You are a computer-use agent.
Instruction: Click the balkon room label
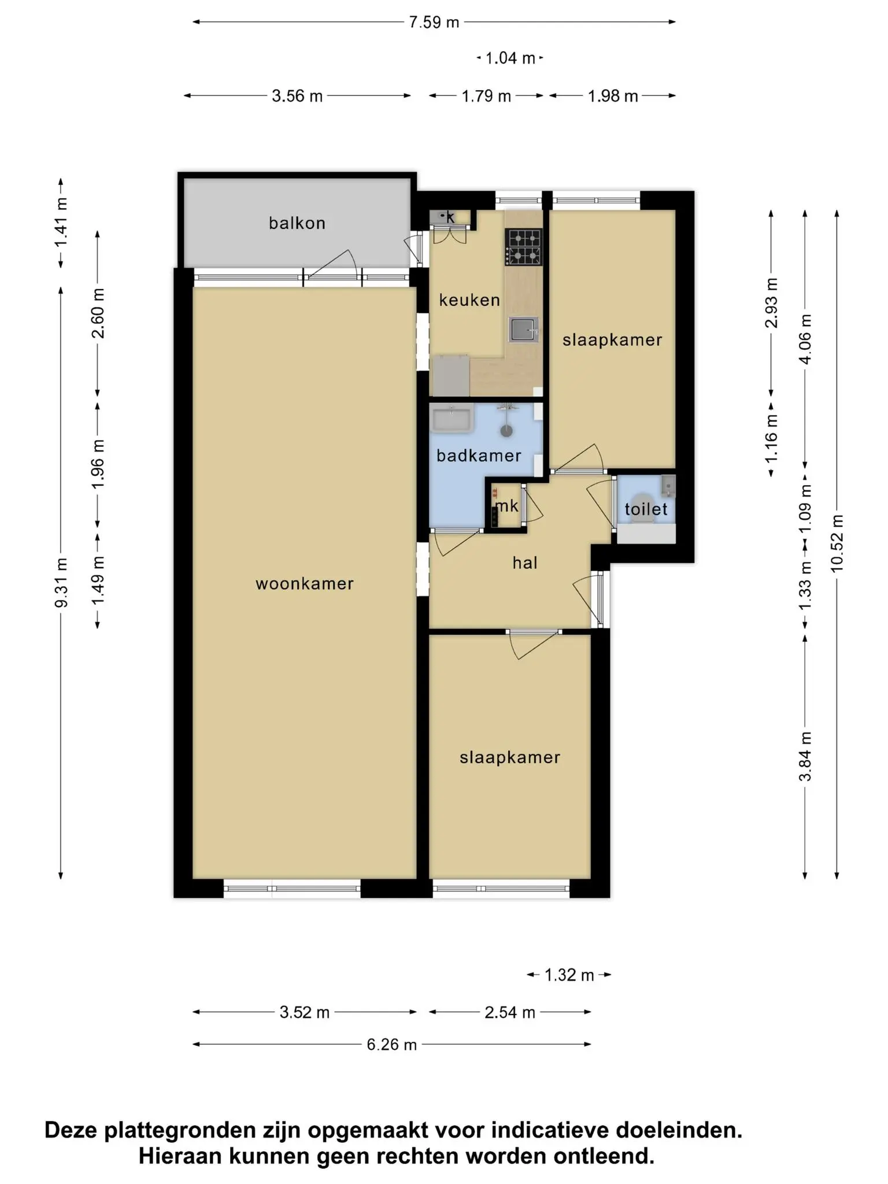pos(297,223)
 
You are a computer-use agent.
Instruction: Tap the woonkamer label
pos(305,583)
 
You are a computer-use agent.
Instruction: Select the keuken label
pos(469,299)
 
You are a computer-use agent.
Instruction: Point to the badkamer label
pos(479,456)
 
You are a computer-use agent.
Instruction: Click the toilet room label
pos(646,509)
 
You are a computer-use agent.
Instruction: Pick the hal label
pos(525,563)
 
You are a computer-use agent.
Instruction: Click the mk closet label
pos(507,506)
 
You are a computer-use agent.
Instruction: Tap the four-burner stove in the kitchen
pos(523,247)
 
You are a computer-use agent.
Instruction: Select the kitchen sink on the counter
pos(524,330)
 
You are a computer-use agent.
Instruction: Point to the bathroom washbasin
pos(452,419)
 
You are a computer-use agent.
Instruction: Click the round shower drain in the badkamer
pos(507,430)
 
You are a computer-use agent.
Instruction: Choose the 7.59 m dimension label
pos(434,23)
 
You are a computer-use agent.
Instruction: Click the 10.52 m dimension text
pos(837,543)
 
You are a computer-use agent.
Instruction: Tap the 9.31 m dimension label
pos(61,583)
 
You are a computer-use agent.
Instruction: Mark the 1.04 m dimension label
pos(510,58)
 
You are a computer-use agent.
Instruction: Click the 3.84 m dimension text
pos(805,756)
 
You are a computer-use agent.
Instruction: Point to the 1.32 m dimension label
pos(569,975)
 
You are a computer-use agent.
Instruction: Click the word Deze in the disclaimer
pos(72,1130)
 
